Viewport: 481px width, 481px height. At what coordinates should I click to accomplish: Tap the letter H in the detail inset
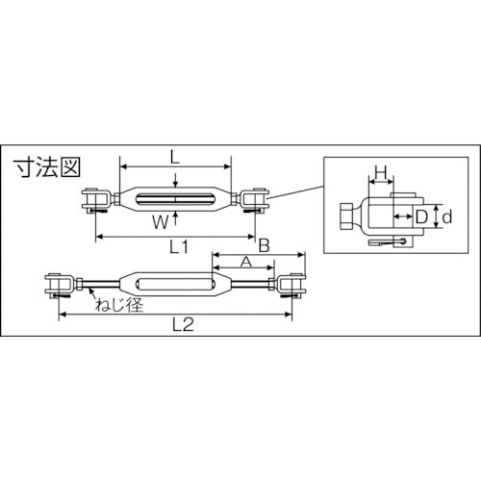(x=381, y=174)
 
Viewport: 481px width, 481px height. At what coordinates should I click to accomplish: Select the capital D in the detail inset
(x=419, y=216)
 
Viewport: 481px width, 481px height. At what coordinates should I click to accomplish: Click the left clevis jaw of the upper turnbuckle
(x=94, y=201)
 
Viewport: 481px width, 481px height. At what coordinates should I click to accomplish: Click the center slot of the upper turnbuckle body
(x=173, y=201)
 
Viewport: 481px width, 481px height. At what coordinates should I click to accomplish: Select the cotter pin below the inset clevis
(x=386, y=243)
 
